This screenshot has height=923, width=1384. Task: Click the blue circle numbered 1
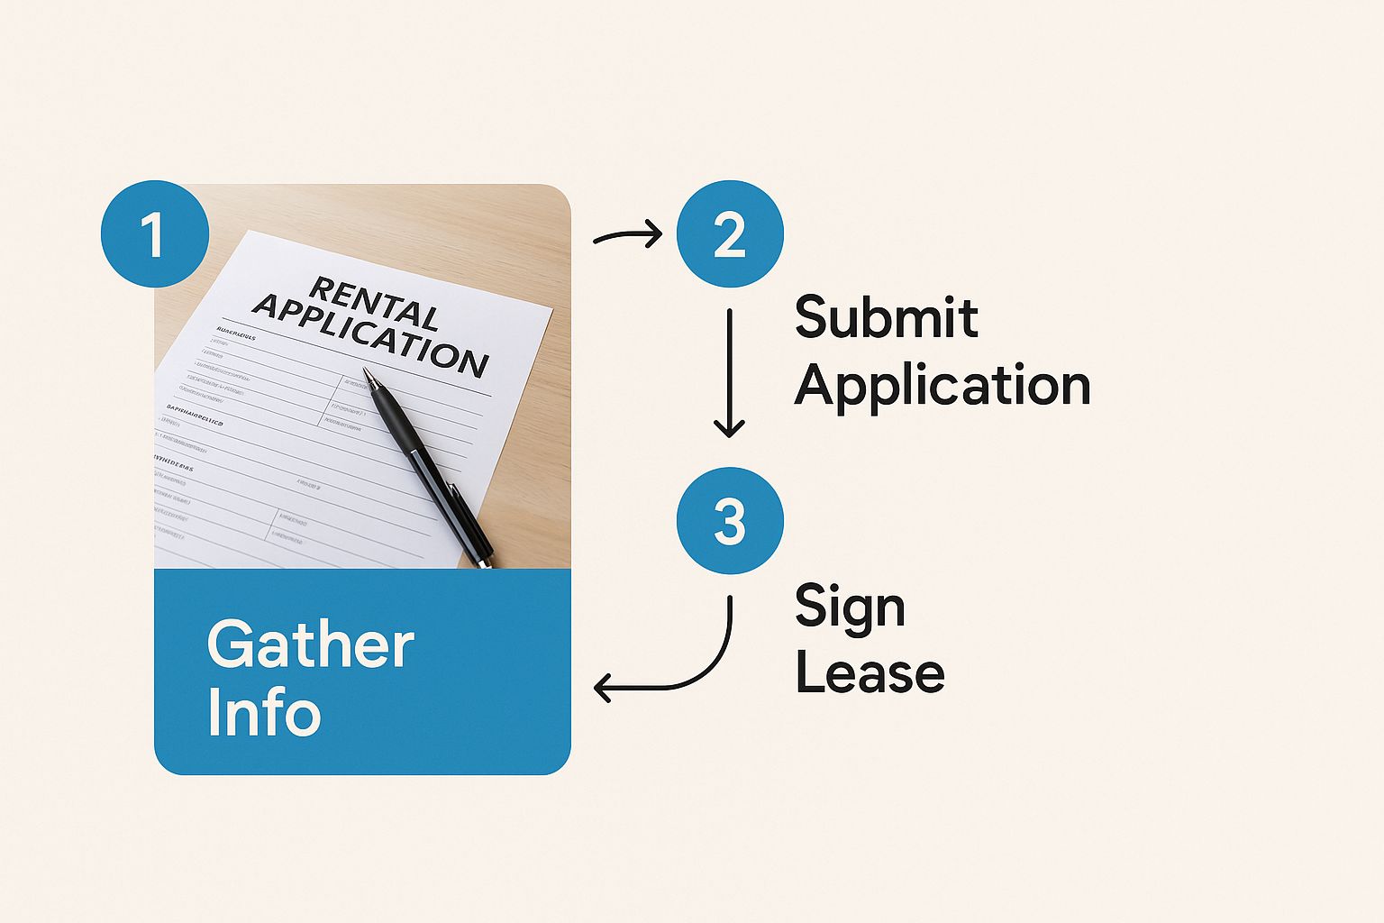pyautogui.click(x=154, y=234)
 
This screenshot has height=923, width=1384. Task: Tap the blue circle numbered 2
pyautogui.click(x=730, y=234)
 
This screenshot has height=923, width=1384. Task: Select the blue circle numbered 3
pyautogui.click(x=730, y=521)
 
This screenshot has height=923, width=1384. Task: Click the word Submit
pyautogui.click(x=886, y=317)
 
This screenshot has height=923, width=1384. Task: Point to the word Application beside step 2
pyautogui.click(x=942, y=386)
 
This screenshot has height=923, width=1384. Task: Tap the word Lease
pyautogui.click(x=870, y=673)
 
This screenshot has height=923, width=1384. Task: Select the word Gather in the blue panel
pyautogui.click(x=311, y=644)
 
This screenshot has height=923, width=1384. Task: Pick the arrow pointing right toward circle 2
pyautogui.click(x=628, y=236)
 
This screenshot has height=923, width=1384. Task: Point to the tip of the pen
pyautogui.click(x=366, y=370)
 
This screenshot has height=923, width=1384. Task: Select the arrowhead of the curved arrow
pyautogui.click(x=603, y=689)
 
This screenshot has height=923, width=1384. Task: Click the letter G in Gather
pyautogui.click(x=227, y=644)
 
